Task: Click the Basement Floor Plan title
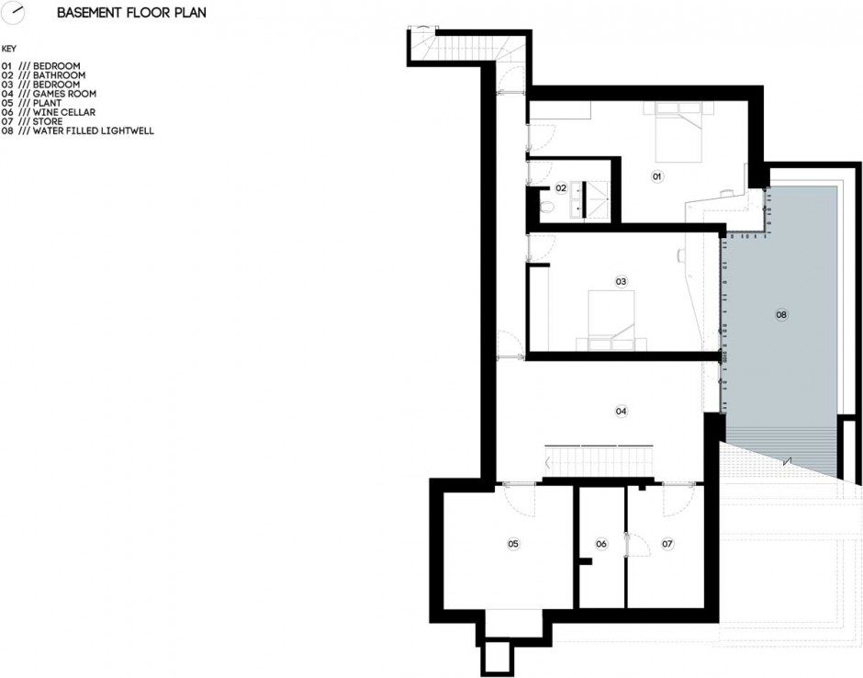point(131,13)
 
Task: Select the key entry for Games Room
point(49,94)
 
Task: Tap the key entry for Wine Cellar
point(49,112)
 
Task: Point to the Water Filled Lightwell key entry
point(78,131)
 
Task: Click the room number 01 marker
point(656,176)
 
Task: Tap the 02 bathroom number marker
point(561,188)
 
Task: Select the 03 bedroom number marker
point(621,281)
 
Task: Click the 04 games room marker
point(621,411)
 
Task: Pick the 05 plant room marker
point(513,544)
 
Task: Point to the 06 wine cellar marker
point(601,544)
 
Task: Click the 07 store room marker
point(667,544)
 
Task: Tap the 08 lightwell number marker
point(781,315)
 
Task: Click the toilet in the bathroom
point(547,209)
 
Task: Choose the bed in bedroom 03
point(611,320)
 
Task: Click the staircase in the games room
point(599,461)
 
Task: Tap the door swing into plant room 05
point(519,500)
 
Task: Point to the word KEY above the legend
point(9,49)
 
